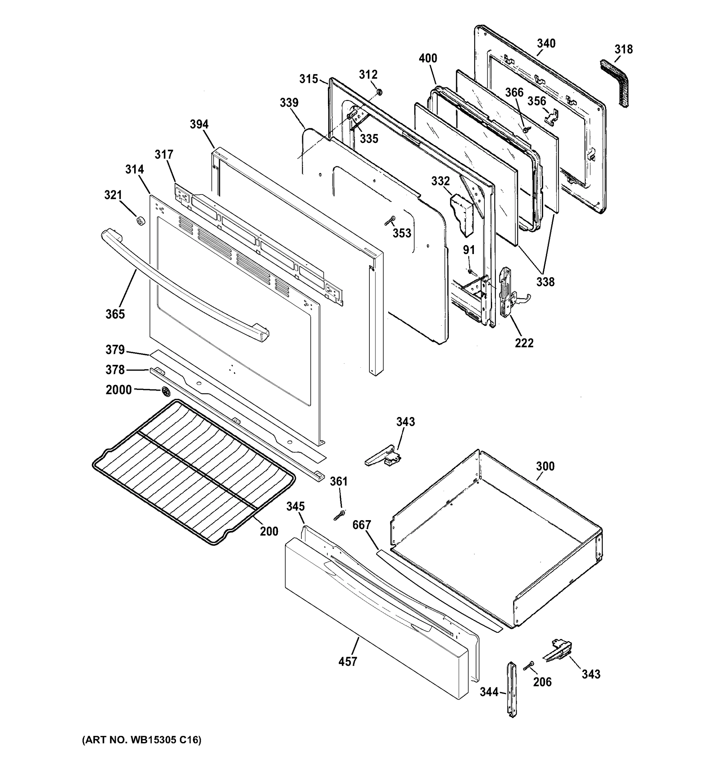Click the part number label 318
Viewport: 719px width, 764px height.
click(x=623, y=49)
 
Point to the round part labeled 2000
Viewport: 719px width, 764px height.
click(x=166, y=392)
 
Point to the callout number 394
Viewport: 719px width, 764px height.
click(x=199, y=124)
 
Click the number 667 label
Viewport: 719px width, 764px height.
click(x=362, y=525)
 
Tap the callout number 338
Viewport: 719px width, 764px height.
click(x=546, y=282)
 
